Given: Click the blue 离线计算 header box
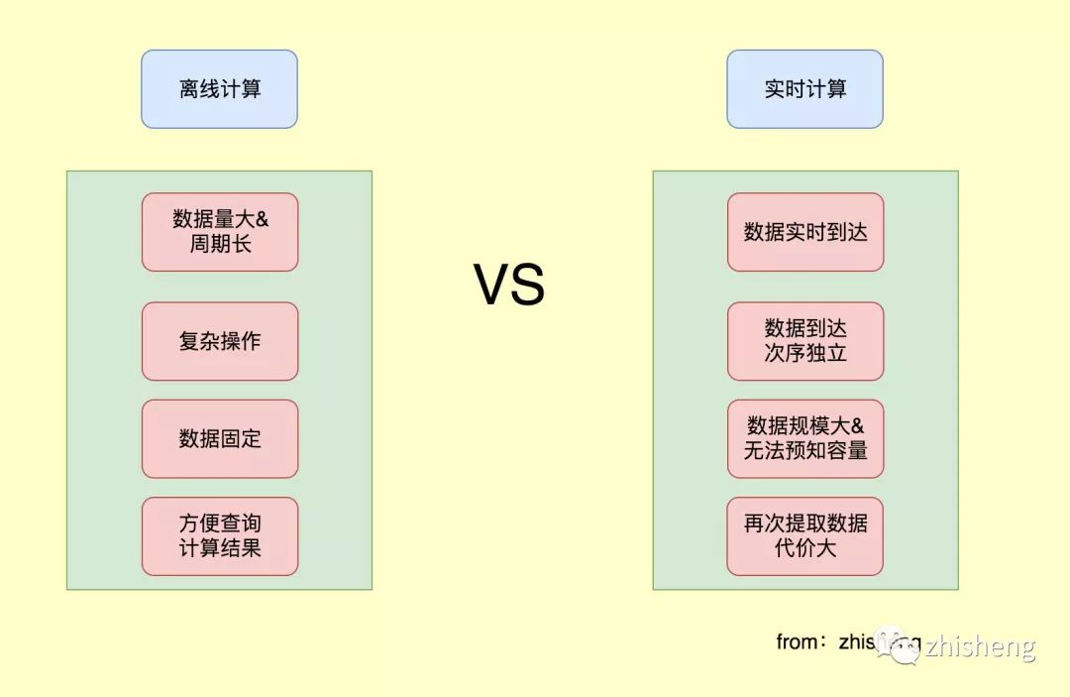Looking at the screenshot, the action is [219, 89].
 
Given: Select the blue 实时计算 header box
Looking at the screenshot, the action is [804, 89].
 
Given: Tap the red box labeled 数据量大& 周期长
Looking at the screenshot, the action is [219, 232].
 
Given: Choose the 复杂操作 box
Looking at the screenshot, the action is [219, 341].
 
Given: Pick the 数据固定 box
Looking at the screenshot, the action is [219, 438].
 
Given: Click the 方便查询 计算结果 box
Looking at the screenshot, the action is [219, 535].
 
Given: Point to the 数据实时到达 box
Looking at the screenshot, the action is [804, 232].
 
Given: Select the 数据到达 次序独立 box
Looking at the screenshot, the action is [804, 341].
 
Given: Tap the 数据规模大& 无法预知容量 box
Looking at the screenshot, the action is [804, 438].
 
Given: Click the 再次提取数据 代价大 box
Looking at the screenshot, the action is [804, 535].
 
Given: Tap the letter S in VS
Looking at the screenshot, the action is [528, 285].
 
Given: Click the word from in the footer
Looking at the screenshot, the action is [796, 641].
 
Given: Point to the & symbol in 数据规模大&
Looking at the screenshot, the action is [857, 425].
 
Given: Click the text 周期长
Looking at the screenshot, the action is [219, 244].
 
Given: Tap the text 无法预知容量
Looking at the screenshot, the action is [804, 450].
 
